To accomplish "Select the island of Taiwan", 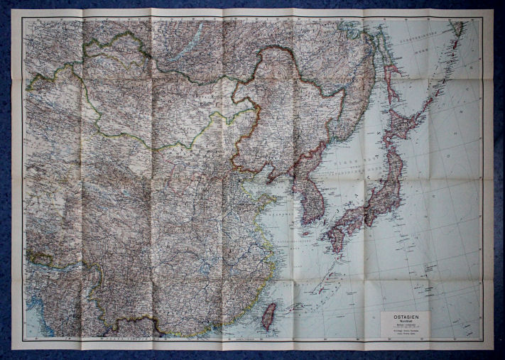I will [269, 316].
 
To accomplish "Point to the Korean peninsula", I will [310, 195].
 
